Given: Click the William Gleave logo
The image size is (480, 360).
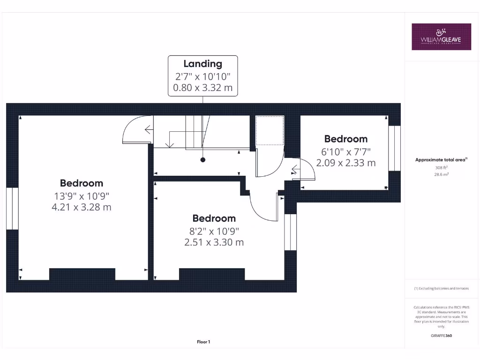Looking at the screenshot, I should coord(441,37).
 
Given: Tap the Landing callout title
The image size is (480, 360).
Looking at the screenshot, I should coord(202,64).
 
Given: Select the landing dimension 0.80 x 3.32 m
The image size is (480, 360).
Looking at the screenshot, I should coord(202,88).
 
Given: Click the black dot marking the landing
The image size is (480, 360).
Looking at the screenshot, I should coord(203,160).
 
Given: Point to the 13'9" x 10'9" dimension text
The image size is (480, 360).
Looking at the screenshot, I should coord(81,195).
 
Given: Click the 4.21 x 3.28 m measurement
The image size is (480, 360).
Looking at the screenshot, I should coord(81,207).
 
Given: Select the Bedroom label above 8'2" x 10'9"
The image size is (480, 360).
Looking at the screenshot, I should coord(214,218).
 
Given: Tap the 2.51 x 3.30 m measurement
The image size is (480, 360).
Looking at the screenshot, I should coord(214,242).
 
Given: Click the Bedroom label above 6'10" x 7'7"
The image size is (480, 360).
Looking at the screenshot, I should coord(346,139).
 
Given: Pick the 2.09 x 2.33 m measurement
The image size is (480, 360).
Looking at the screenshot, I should coord(346,163).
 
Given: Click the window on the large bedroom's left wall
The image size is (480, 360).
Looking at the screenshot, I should coord(12,209).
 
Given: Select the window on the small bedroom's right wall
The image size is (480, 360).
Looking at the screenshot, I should coord(395,148).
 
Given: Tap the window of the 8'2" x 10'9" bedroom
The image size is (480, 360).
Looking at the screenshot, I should coord(291,232).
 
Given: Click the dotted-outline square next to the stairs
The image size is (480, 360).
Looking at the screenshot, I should coord(270,130).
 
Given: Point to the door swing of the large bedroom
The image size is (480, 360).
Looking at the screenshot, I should coord(136,130).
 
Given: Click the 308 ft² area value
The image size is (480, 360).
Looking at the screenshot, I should coord(441,167).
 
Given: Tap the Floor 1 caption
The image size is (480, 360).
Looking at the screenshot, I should coord(203,342).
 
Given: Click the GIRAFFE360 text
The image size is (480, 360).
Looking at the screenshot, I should coord(441,336).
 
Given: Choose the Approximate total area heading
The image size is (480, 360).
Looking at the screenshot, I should coord(441,160).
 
